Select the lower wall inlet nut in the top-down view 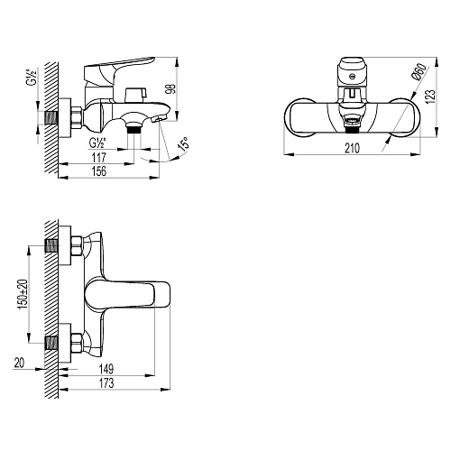75,344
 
